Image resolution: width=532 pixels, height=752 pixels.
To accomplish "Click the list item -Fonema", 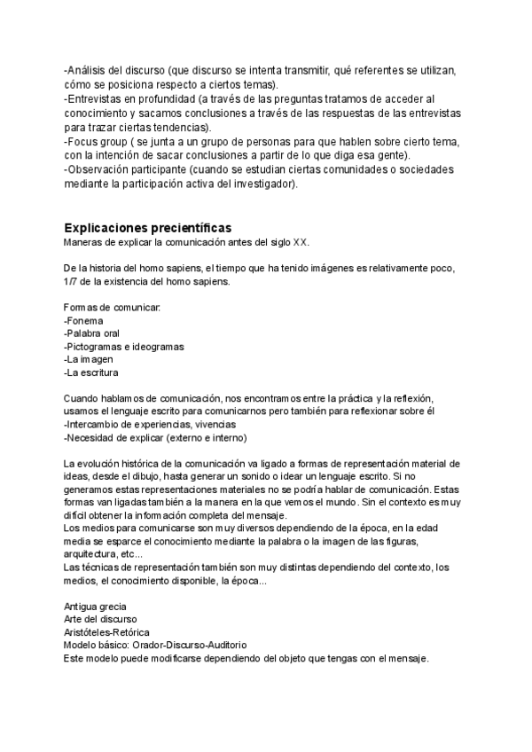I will point(83,320).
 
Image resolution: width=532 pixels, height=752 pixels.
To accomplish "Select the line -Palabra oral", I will point(92,333).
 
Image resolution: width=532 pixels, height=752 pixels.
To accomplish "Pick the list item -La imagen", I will point(90,360).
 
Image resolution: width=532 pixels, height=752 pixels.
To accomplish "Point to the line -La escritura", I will point(93,373).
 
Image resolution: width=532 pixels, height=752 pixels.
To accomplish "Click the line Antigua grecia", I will point(95,606).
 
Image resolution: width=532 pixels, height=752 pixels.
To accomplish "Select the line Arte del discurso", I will point(100,619).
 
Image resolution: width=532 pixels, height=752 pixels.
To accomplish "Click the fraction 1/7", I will point(71,281).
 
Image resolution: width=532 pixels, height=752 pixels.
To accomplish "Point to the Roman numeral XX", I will point(301,241).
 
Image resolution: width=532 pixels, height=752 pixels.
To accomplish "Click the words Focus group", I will point(95,141).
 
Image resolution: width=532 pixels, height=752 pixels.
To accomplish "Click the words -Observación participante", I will point(123,168).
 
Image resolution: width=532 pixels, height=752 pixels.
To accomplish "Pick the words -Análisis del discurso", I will point(114,70).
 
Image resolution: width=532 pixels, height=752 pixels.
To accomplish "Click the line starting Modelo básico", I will point(155,646).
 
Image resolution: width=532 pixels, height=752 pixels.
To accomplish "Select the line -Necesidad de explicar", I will point(155,438).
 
